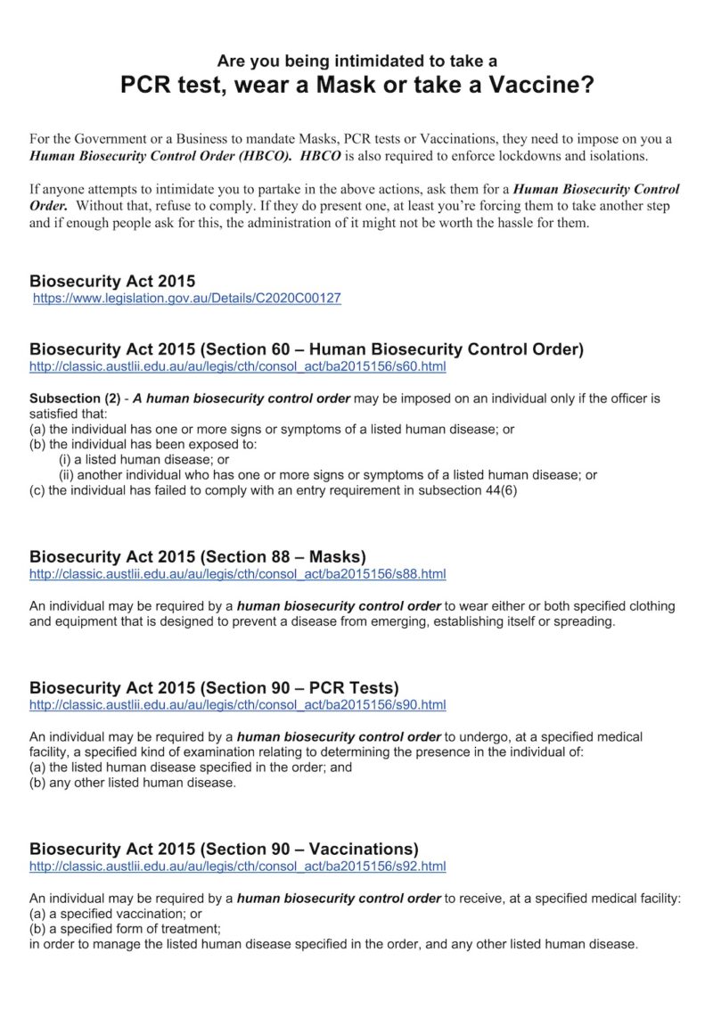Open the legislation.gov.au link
click(186, 299)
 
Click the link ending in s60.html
click(237, 366)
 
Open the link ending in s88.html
click(237, 574)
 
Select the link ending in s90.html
click(237, 705)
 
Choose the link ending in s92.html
click(237, 866)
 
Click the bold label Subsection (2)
click(76, 398)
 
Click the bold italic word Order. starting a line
click(49, 205)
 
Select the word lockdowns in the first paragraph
click(522, 156)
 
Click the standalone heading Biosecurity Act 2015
click(112, 281)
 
